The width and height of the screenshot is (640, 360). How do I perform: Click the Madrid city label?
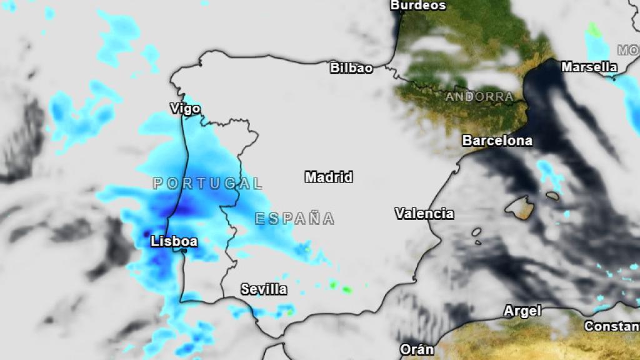click(329, 177)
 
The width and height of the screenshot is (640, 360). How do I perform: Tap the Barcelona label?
click(497, 141)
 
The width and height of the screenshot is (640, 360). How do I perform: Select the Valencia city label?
click(424, 214)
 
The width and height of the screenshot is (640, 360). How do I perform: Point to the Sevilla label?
click(264, 289)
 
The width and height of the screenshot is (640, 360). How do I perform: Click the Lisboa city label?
click(174, 241)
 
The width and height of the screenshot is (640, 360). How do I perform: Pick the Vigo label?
click(185, 109)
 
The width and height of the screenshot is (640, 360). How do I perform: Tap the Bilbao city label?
click(351, 67)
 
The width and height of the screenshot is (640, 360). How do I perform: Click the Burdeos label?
click(418, 6)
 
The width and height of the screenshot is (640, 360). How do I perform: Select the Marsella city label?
click(589, 67)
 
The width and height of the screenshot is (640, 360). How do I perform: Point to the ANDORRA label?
click(479, 97)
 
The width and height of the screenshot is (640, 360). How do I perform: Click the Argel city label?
click(522, 311)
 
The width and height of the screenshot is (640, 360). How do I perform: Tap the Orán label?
click(417, 349)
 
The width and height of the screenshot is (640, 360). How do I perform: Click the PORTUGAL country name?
click(207, 184)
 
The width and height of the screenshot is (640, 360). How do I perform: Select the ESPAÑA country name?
click(294, 219)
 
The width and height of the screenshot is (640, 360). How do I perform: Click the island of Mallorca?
click(521, 207)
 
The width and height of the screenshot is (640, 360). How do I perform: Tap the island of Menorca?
click(552, 196)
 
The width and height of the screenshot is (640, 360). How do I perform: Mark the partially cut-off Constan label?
click(611, 326)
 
